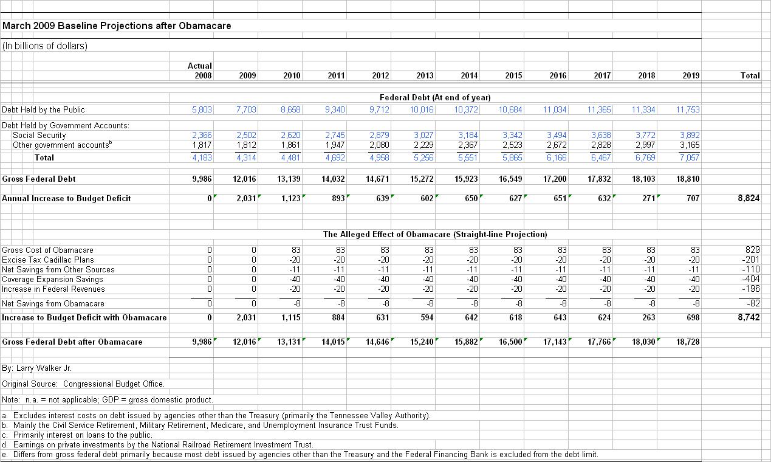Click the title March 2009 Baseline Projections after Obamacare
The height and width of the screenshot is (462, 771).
pos(117,26)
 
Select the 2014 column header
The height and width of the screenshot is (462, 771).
pos(469,76)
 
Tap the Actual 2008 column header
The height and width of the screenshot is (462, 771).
pos(200,71)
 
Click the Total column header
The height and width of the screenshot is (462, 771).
pos(750,76)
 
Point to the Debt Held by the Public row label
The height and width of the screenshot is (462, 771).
pos(44,110)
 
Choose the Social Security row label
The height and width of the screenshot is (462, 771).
pos(39,136)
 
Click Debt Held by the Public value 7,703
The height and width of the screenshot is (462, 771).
pos(246,110)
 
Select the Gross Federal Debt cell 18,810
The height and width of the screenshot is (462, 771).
pos(688,179)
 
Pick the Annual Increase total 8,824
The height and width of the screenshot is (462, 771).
pos(749,198)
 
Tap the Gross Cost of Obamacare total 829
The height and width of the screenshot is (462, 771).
pos(752,250)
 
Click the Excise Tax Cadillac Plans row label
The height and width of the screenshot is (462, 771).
pos(48,260)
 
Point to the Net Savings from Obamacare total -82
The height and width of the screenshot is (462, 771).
pos(752,303)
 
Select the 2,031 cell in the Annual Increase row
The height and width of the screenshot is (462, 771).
pos(245,198)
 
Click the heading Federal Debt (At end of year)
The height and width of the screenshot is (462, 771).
pos(435,97)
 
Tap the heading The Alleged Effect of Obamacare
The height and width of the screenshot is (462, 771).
pos(435,234)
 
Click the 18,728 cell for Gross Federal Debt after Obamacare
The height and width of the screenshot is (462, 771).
pos(688,342)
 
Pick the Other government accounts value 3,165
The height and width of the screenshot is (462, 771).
pos(689,145)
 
